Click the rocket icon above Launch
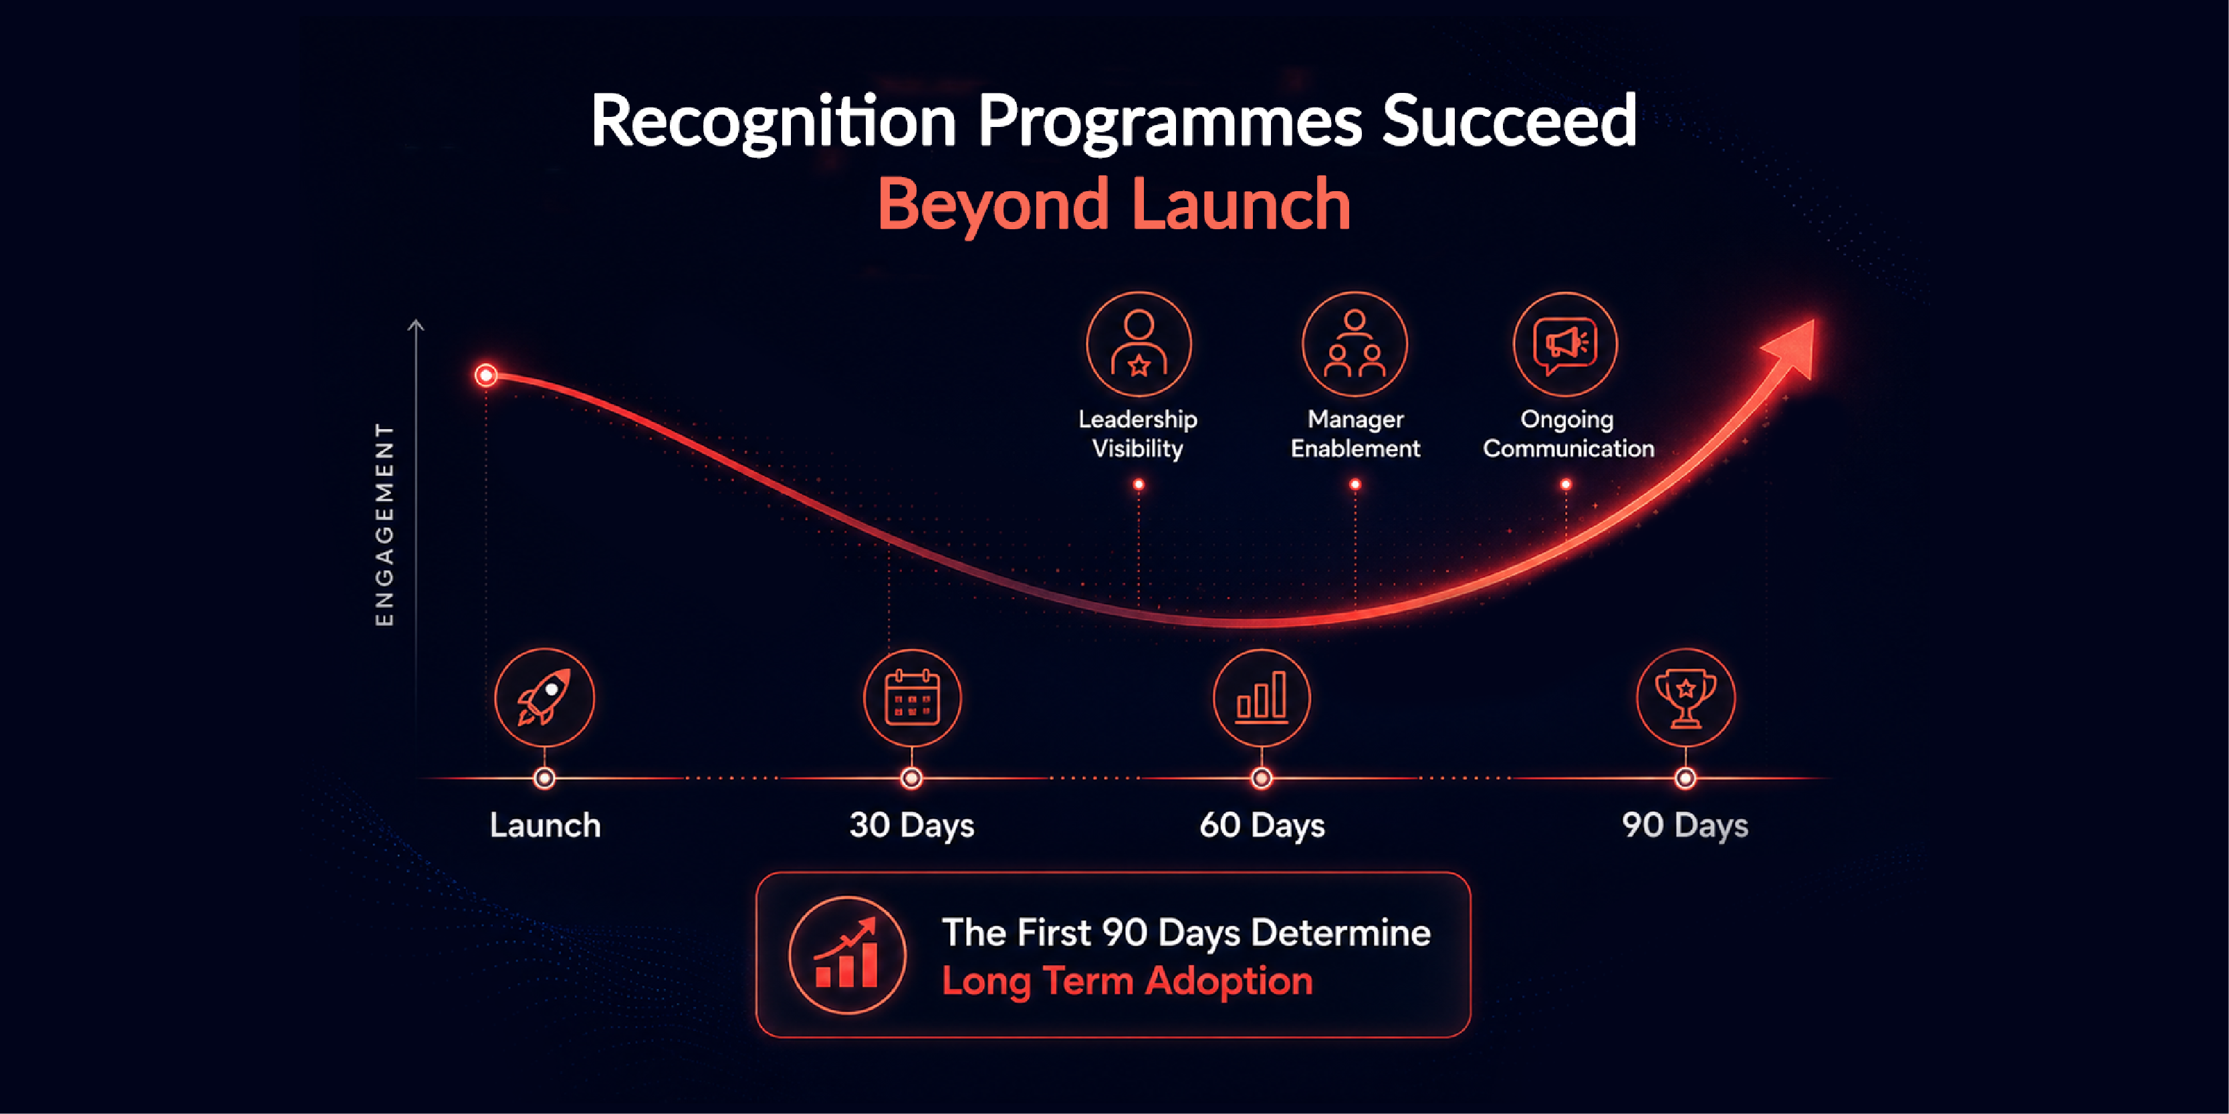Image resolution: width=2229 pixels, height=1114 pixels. [x=544, y=697]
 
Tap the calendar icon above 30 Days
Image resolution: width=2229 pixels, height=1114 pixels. [x=912, y=697]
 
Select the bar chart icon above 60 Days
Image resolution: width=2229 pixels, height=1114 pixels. [x=1262, y=697]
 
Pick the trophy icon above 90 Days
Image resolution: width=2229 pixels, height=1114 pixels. [x=1685, y=697]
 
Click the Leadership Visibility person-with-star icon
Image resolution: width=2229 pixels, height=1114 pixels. [x=1139, y=344]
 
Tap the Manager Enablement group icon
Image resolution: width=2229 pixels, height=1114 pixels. [x=1355, y=344]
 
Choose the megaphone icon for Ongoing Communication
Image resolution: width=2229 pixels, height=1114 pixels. [x=1565, y=344]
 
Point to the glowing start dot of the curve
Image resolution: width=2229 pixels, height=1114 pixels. [x=485, y=374]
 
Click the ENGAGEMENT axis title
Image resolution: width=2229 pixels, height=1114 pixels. [x=384, y=524]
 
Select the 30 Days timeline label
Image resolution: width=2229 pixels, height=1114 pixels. [x=912, y=825]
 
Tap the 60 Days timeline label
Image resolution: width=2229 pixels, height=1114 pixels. [x=1262, y=825]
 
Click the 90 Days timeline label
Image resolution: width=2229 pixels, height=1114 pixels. [x=1685, y=825]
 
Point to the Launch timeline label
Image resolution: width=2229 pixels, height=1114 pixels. [x=545, y=825]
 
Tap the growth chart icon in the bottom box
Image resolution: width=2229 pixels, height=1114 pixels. [x=847, y=955]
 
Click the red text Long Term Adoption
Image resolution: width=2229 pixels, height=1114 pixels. [x=1127, y=982]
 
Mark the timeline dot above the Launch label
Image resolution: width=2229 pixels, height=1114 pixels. [x=544, y=779]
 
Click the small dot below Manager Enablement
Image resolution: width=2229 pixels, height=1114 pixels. [x=1355, y=484]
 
